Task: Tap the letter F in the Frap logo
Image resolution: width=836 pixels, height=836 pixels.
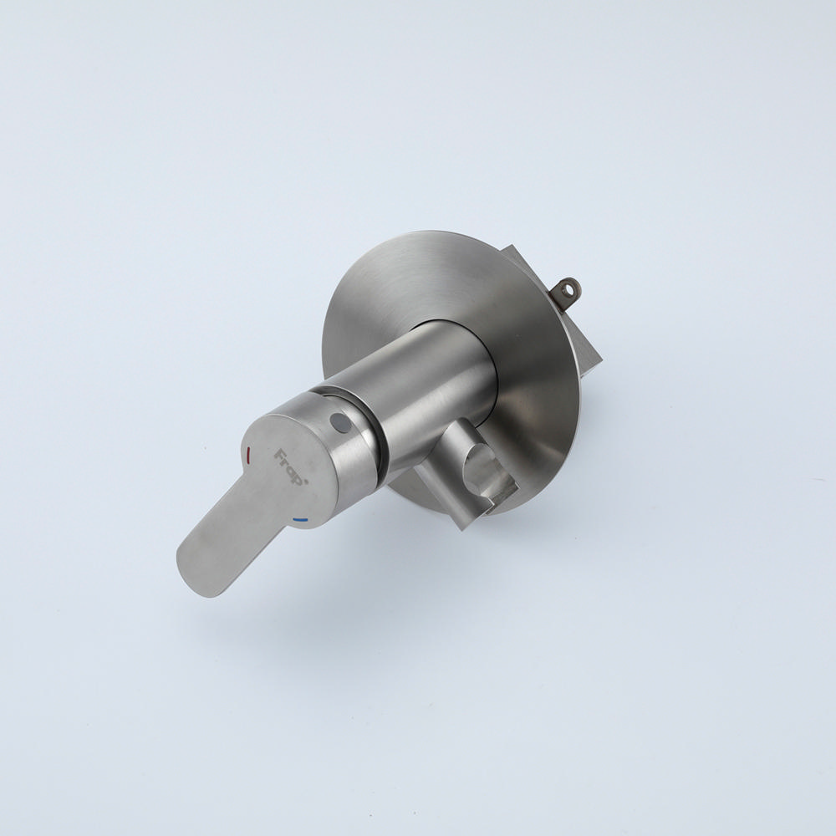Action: click(x=279, y=456)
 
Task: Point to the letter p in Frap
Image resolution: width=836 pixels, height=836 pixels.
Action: click(x=298, y=477)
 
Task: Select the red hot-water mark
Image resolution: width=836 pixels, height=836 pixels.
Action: click(x=248, y=454)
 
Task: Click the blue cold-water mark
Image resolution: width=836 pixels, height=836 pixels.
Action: click(x=300, y=519)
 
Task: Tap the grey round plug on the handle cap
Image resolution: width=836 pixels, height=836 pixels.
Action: click(x=341, y=422)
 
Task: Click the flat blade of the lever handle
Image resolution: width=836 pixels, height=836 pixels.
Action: click(x=224, y=533)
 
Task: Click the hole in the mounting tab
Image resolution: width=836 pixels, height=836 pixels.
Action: click(x=571, y=289)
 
